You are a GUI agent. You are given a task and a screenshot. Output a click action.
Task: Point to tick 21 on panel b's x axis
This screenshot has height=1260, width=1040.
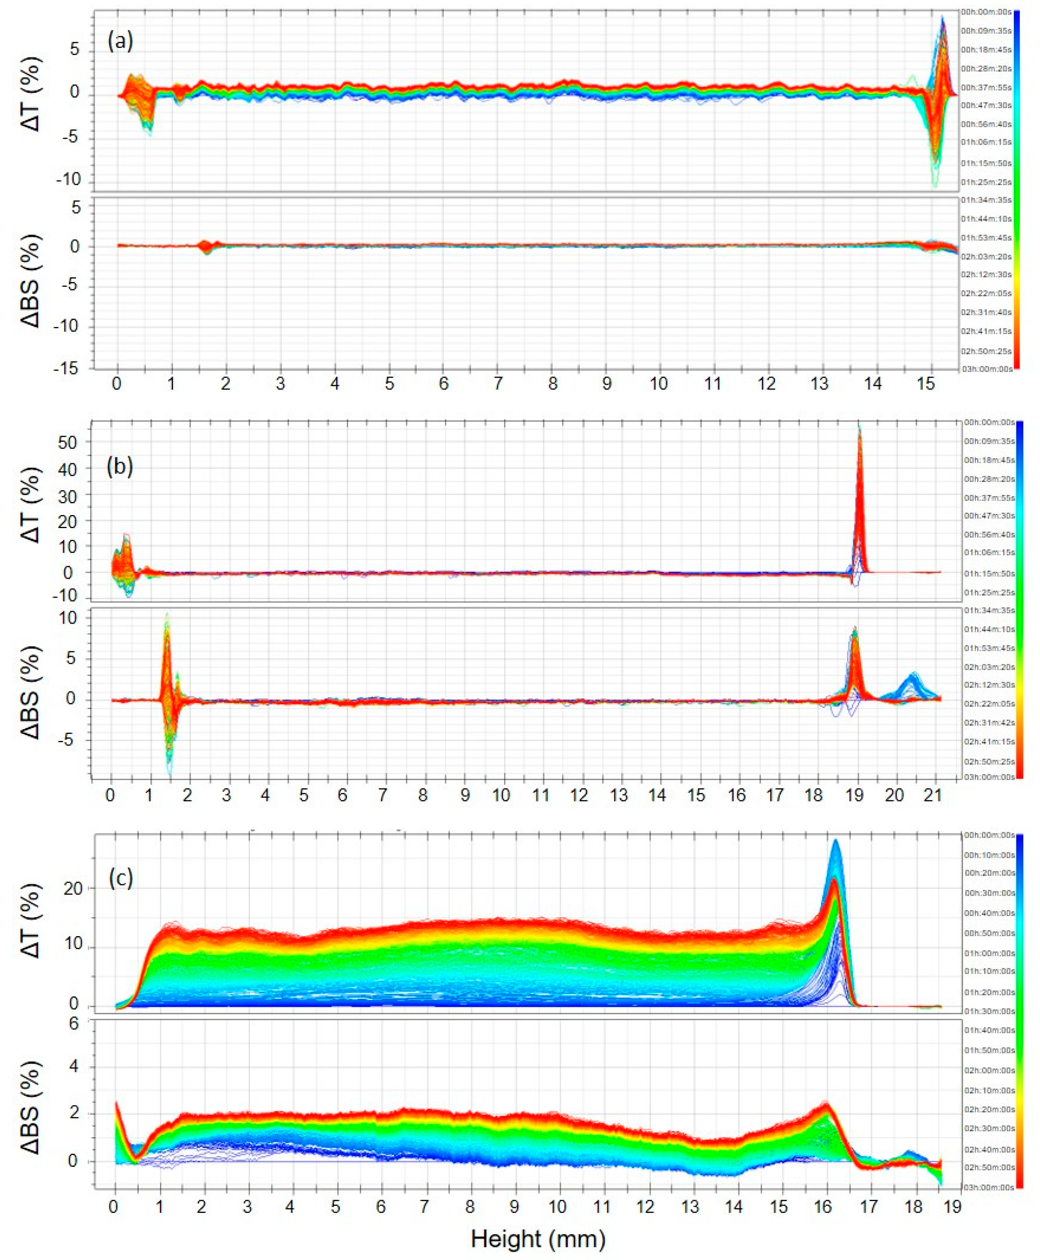coord(933,796)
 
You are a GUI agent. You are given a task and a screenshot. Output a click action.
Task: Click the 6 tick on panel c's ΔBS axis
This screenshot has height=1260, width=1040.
coord(74,1024)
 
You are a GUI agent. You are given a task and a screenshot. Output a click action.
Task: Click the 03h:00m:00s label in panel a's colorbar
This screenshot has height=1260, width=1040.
coord(991,369)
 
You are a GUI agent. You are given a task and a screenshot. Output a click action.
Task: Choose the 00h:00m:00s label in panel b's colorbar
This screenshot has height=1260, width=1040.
coord(989,422)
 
